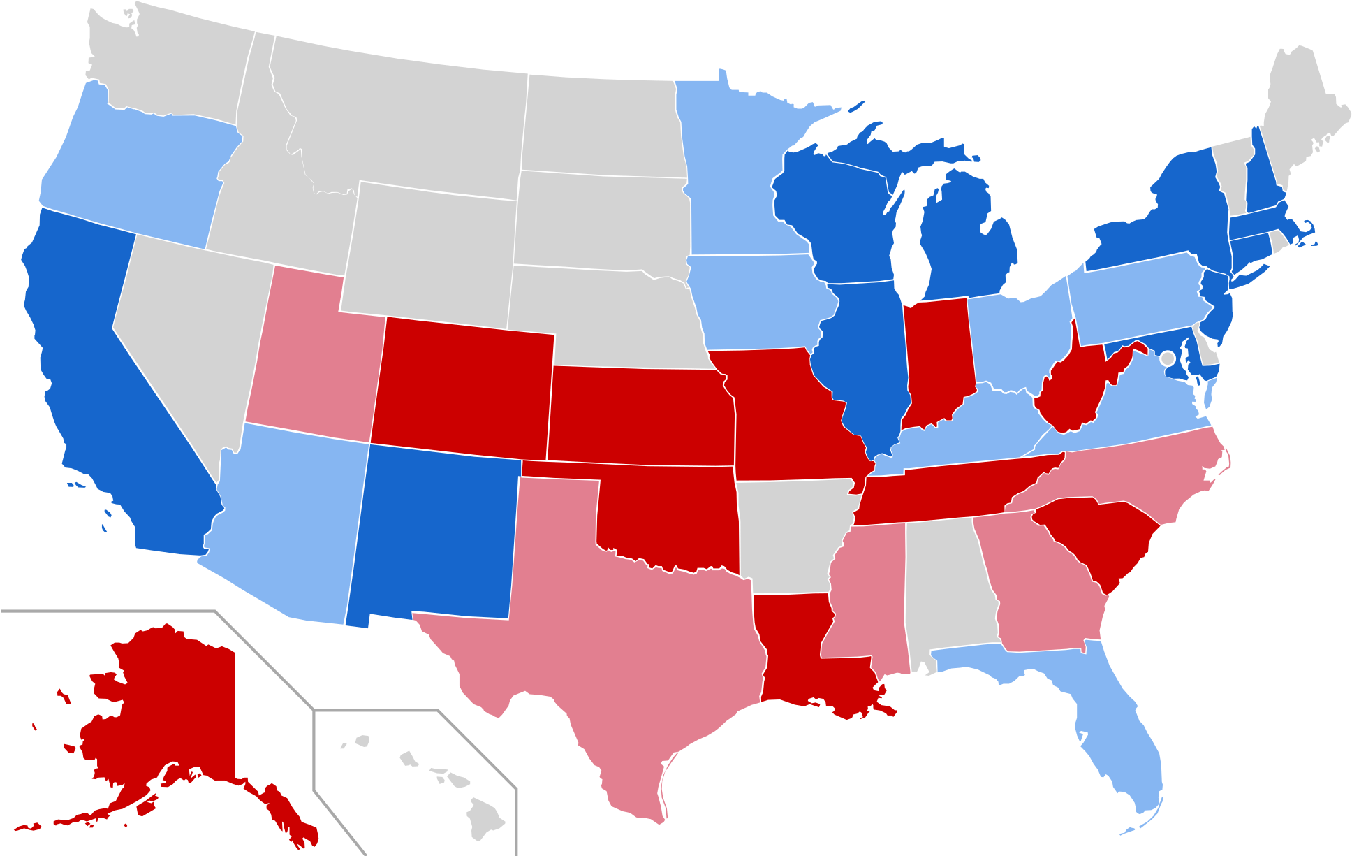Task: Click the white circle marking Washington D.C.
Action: coord(1167,358)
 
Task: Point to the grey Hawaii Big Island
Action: coord(484,818)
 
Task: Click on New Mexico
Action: coord(433,531)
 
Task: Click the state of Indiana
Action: coord(936,356)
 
